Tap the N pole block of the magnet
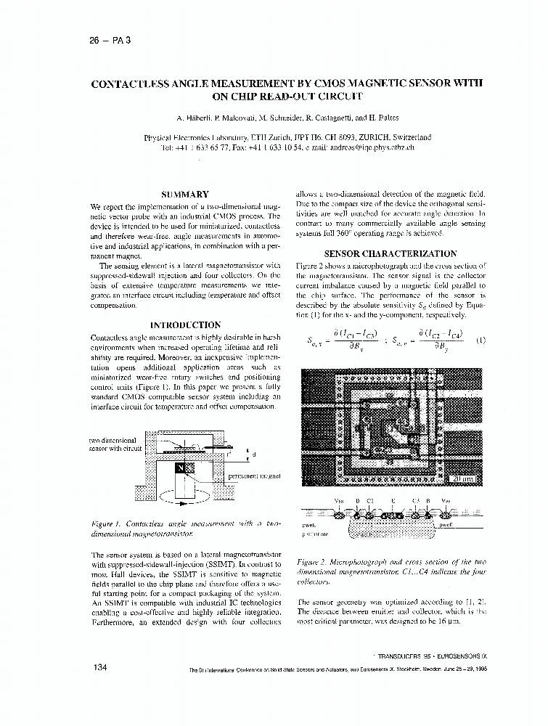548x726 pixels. pos(181,470)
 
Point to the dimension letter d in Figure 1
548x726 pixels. pos(253,454)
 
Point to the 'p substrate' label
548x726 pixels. pos(314,534)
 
